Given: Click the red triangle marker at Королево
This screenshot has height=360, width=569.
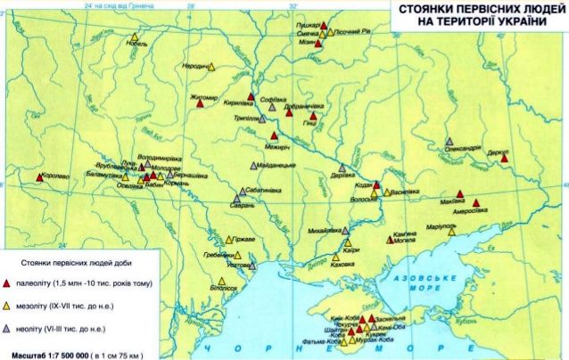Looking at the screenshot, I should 39,177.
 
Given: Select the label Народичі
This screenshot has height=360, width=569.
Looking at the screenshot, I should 196,66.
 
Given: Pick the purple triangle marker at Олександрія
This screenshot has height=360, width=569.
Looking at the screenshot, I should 449,142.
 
